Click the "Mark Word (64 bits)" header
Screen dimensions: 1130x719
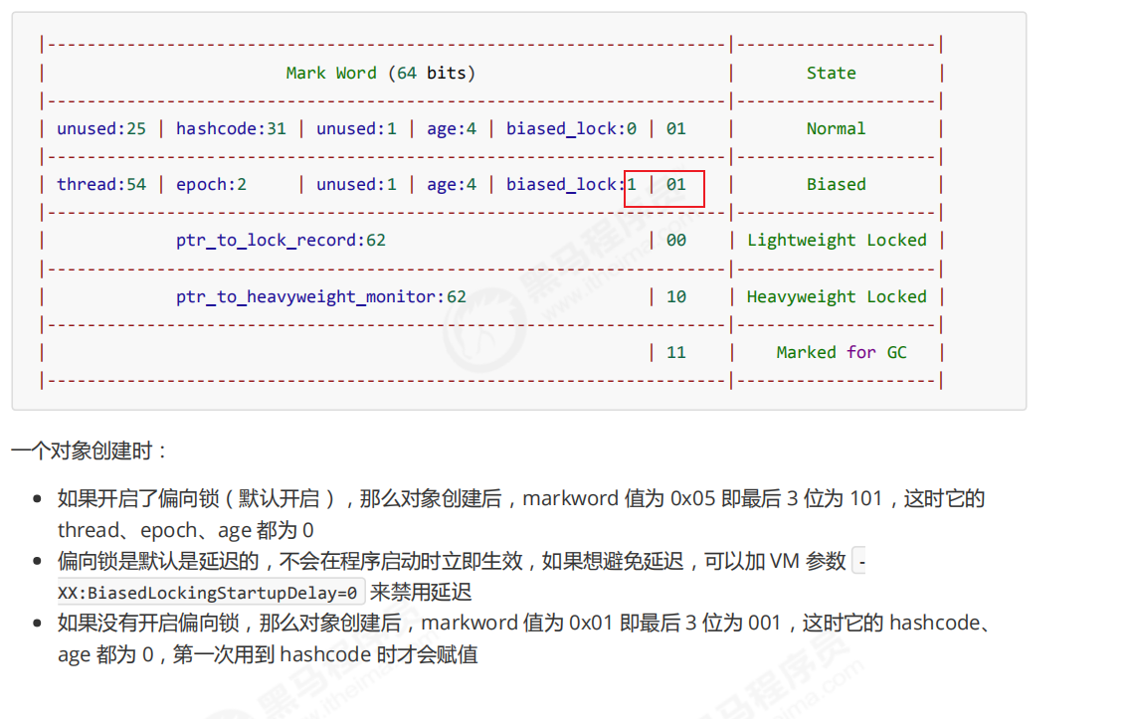pos(381,73)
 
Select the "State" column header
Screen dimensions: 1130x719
pos(831,73)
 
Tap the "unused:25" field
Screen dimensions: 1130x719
pos(101,128)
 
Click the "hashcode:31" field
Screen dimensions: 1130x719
pos(231,128)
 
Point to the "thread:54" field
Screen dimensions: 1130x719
pos(101,184)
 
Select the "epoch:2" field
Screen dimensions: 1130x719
pos(211,184)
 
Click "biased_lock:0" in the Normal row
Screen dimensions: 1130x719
pos(571,128)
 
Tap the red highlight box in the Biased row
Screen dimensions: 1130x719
pos(664,188)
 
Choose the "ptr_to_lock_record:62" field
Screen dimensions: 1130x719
pos(281,240)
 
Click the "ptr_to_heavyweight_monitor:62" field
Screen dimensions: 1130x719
pos(321,296)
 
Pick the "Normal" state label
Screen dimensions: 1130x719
pos(836,128)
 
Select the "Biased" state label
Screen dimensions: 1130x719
pos(836,184)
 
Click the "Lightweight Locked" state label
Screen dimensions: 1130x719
pos(837,240)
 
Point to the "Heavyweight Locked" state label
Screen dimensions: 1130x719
pos(837,296)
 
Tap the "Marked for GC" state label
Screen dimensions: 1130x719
pos(842,352)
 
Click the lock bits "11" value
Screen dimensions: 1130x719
pos(676,352)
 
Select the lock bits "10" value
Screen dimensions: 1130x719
pos(676,296)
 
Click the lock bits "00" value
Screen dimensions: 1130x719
pos(676,240)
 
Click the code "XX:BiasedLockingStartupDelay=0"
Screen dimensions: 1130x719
pos(211,592)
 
